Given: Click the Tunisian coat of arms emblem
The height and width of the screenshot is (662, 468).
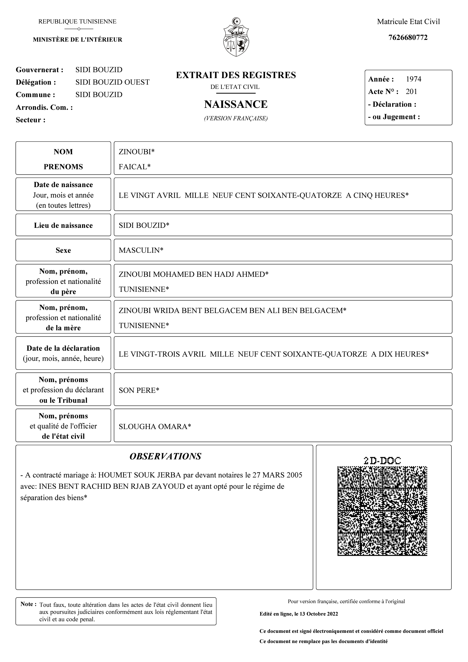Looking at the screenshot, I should (x=236, y=37).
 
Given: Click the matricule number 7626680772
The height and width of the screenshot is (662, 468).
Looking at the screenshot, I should (x=408, y=37).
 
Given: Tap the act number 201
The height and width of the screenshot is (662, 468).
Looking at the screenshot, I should (x=411, y=92).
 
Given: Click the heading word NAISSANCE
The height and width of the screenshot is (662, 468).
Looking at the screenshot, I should (x=236, y=104).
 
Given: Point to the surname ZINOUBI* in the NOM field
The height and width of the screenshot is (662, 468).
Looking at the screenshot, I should (x=136, y=152).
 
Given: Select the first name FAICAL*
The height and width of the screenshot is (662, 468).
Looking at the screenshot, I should (x=135, y=167).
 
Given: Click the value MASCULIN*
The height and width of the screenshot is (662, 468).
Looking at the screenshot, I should (x=141, y=250).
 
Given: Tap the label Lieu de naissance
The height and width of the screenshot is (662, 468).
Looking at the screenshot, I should (x=63, y=226).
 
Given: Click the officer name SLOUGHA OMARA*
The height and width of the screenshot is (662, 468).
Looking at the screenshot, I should (x=155, y=427).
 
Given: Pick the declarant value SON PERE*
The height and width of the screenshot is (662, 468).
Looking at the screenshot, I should (x=139, y=390).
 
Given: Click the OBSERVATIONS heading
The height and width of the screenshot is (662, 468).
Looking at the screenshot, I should (x=165, y=457).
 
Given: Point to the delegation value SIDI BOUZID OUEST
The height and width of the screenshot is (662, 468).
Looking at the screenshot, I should (x=112, y=82).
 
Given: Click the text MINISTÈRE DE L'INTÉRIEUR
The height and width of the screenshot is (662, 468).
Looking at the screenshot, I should (x=77, y=40).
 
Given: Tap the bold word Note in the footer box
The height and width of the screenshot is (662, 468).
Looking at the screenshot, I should (x=27, y=604).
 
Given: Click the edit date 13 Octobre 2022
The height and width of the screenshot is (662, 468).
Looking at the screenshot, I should (x=318, y=614).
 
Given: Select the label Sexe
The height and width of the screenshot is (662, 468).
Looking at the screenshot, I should (x=63, y=250).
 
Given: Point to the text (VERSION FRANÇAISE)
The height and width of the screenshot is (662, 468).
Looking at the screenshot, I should (x=236, y=118).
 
